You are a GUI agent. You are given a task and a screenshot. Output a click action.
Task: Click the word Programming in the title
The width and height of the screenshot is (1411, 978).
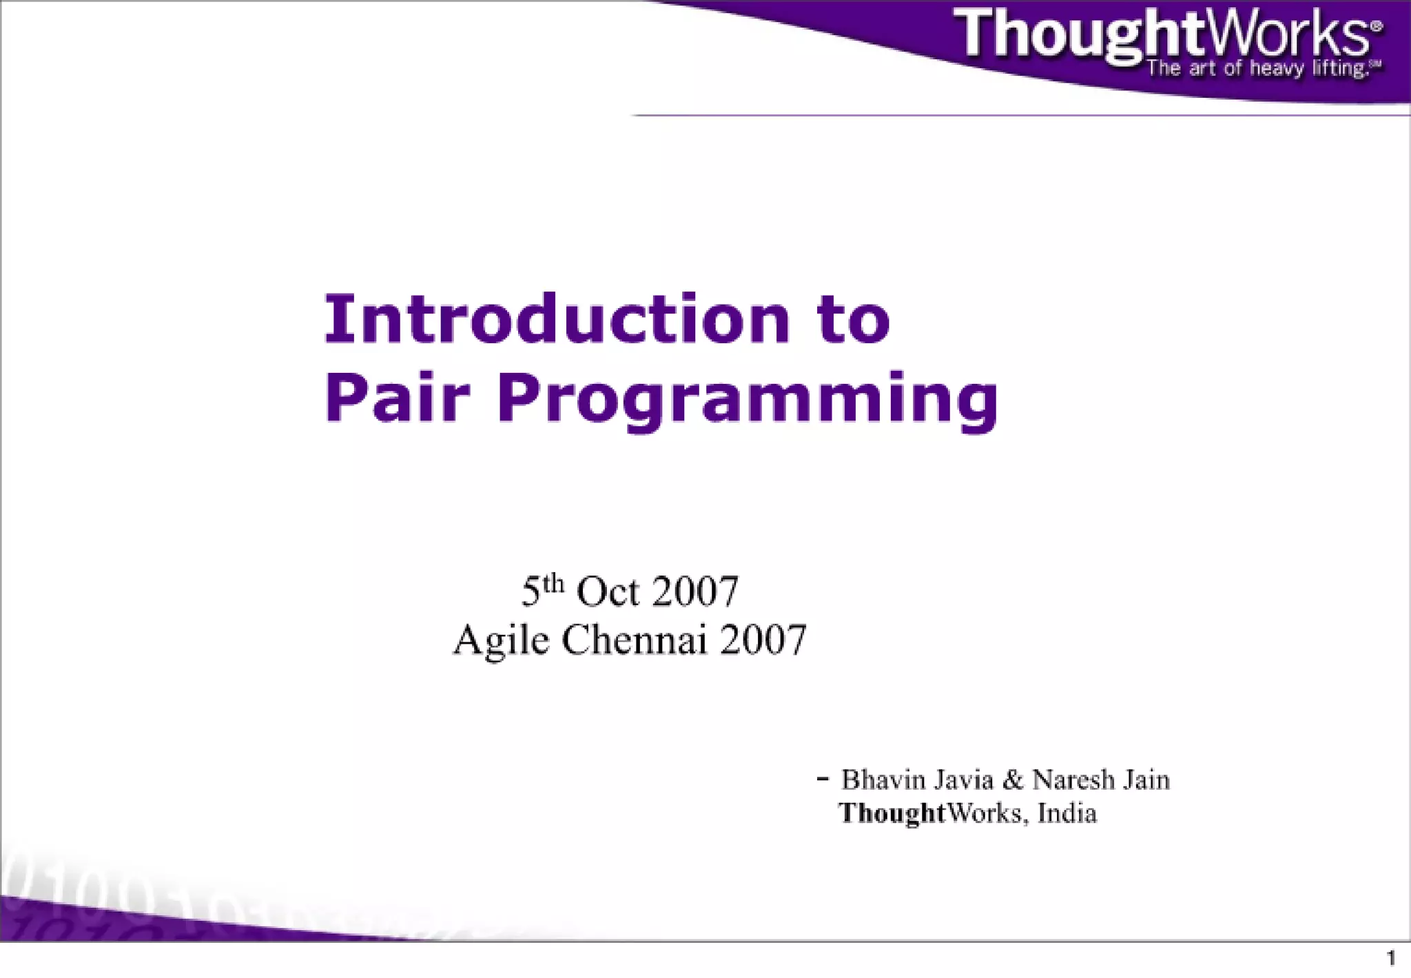(747, 400)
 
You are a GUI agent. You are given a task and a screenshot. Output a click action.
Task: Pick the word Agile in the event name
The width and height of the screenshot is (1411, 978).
(501, 641)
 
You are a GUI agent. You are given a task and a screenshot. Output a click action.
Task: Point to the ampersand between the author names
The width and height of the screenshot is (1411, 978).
(1013, 780)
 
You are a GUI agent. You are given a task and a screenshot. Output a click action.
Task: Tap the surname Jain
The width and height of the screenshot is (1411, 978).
(1146, 780)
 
